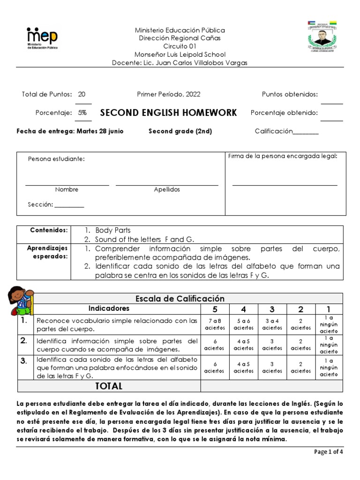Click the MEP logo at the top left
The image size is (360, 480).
coord(43,38)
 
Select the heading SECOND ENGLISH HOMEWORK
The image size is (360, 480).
coord(169,113)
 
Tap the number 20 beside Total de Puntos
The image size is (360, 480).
coord(82,94)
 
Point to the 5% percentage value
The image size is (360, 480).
coord(82,113)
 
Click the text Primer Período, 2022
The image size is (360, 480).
coord(169,94)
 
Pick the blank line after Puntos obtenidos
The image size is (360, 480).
coord(332,102)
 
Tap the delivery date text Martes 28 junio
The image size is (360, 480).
coord(100,131)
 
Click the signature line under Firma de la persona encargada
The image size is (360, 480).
coord(285,185)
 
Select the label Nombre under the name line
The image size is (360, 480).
coord(67,190)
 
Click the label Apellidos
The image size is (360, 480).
coord(167,190)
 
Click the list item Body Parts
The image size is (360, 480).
coord(113,230)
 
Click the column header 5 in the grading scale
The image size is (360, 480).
coord(215,309)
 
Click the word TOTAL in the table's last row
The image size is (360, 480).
coord(109,386)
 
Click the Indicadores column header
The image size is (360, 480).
coord(109,309)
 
